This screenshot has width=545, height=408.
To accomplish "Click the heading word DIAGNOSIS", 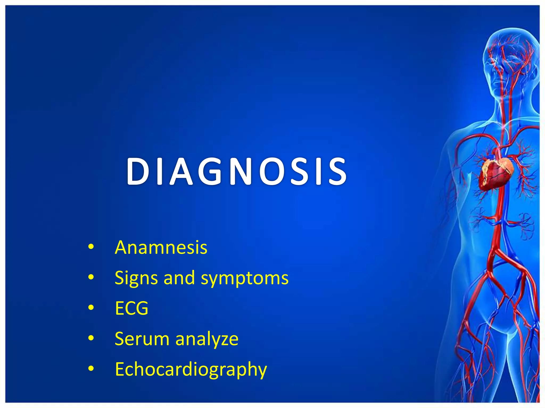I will click(x=236, y=171).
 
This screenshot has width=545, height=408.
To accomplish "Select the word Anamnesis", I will click(x=161, y=248).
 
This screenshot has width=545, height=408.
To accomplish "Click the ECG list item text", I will click(x=131, y=308).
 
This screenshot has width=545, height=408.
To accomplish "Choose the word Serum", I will click(x=142, y=339).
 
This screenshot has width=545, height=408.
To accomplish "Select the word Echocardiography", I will click(x=191, y=369).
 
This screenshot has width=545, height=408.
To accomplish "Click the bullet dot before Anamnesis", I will click(x=91, y=247).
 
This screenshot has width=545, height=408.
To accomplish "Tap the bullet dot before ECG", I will click(x=91, y=308).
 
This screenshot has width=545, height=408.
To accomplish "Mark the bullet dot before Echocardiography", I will click(x=91, y=368).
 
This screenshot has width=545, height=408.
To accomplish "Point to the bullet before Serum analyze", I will click(x=91, y=338).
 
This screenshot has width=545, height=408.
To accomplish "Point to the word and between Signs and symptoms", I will click(x=179, y=278).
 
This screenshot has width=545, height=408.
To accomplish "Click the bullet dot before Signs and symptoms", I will click(x=91, y=277).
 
